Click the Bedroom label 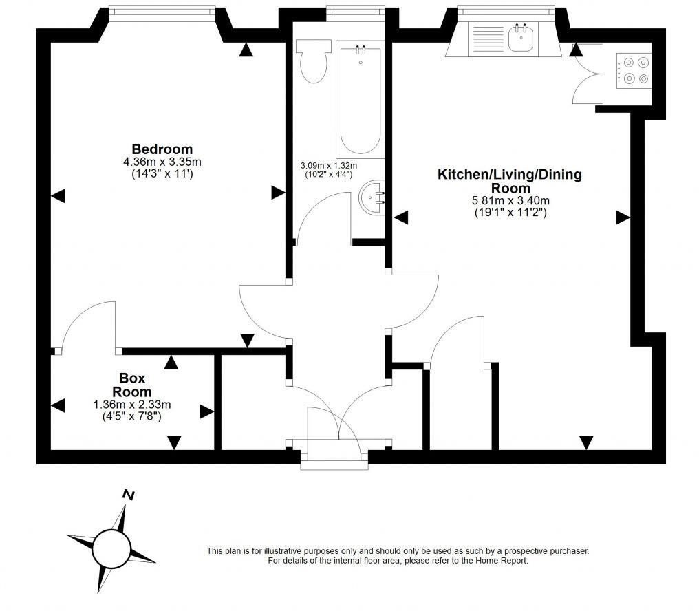point(162,149)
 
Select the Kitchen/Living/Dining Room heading point(510,181)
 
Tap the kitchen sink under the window point(521,37)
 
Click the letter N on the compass point(128,494)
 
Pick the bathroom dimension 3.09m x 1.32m point(329,166)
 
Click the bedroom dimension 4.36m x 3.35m point(162,162)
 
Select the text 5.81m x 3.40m point(510,201)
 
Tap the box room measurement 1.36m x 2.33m point(132,405)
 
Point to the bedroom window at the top point(162,10)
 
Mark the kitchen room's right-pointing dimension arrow point(623,217)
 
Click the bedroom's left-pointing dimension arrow point(58,197)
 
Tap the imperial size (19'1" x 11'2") point(510,213)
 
